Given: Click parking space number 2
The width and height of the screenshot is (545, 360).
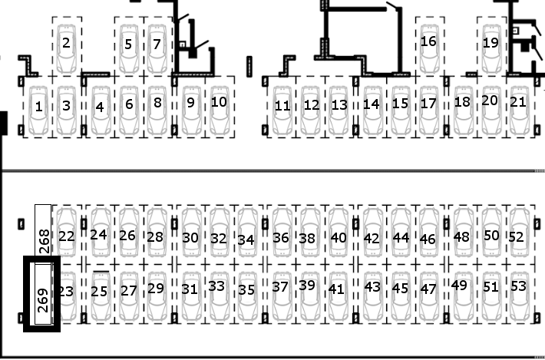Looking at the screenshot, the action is pyautogui.click(x=67, y=46).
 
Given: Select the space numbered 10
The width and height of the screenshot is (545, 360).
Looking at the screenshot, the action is pyautogui.click(x=220, y=107).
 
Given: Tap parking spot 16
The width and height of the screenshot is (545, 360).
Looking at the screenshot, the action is pyautogui.click(x=430, y=46).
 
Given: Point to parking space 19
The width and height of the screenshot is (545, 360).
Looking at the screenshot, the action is pyautogui.click(x=491, y=46).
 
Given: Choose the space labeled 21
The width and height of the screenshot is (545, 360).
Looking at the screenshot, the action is pyautogui.click(x=520, y=107).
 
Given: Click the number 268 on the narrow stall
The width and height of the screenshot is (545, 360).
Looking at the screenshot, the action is pyautogui.click(x=45, y=241).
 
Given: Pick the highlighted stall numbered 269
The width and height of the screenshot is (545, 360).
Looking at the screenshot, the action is pyautogui.click(x=41, y=294).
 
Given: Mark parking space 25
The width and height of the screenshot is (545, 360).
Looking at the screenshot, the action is pyautogui.click(x=100, y=294).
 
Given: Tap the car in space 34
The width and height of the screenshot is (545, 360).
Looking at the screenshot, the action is pyautogui.click(x=248, y=232).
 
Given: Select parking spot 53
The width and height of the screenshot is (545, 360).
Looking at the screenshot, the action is pyautogui.click(x=520, y=294).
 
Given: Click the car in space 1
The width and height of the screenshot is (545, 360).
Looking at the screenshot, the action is pyautogui.click(x=38, y=111).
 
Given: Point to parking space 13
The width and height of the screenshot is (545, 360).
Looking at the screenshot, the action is pyautogui.click(x=339, y=107).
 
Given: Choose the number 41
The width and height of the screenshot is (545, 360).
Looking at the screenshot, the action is pyautogui.click(x=336, y=289).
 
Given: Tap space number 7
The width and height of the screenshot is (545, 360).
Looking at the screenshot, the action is pyautogui.click(x=158, y=46).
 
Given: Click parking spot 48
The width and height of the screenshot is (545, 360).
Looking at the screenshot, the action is pyautogui.click(x=463, y=235).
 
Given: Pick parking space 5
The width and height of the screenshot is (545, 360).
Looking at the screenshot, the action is pyautogui.click(x=129, y=46).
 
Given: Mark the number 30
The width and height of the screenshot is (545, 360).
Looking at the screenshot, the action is pyautogui.click(x=190, y=238).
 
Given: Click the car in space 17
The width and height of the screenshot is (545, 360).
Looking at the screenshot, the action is pyautogui.click(x=430, y=111).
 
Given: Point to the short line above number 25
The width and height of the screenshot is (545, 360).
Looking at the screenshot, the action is pyautogui.click(x=101, y=272).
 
